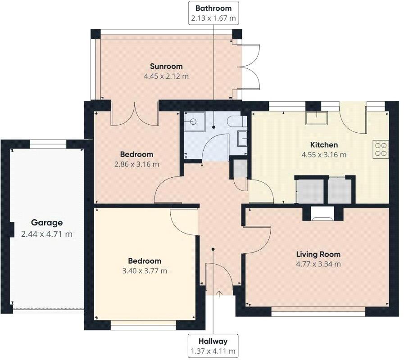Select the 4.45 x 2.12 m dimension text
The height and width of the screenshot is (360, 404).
pos(166,76)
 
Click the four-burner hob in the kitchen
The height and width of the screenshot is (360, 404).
pos(381,149)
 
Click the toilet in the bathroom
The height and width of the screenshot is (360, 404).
pos(236,121)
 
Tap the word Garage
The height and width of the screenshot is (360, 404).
pos(47,223)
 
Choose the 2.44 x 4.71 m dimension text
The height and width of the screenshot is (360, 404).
pos(47,234)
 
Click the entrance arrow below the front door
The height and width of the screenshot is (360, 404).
pos(219,294)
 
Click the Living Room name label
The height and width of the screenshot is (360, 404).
pos(318,254)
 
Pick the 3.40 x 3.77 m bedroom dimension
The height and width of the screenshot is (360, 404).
pos(145,271)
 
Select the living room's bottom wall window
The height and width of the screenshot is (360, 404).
pos(318,311)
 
